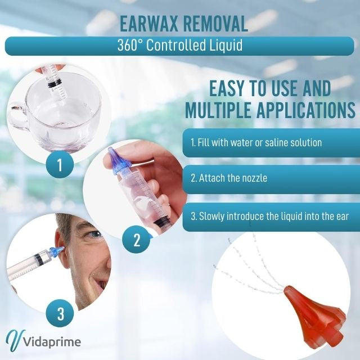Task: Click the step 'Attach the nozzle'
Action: [228, 178]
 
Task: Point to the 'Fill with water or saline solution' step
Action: [256, 142]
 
